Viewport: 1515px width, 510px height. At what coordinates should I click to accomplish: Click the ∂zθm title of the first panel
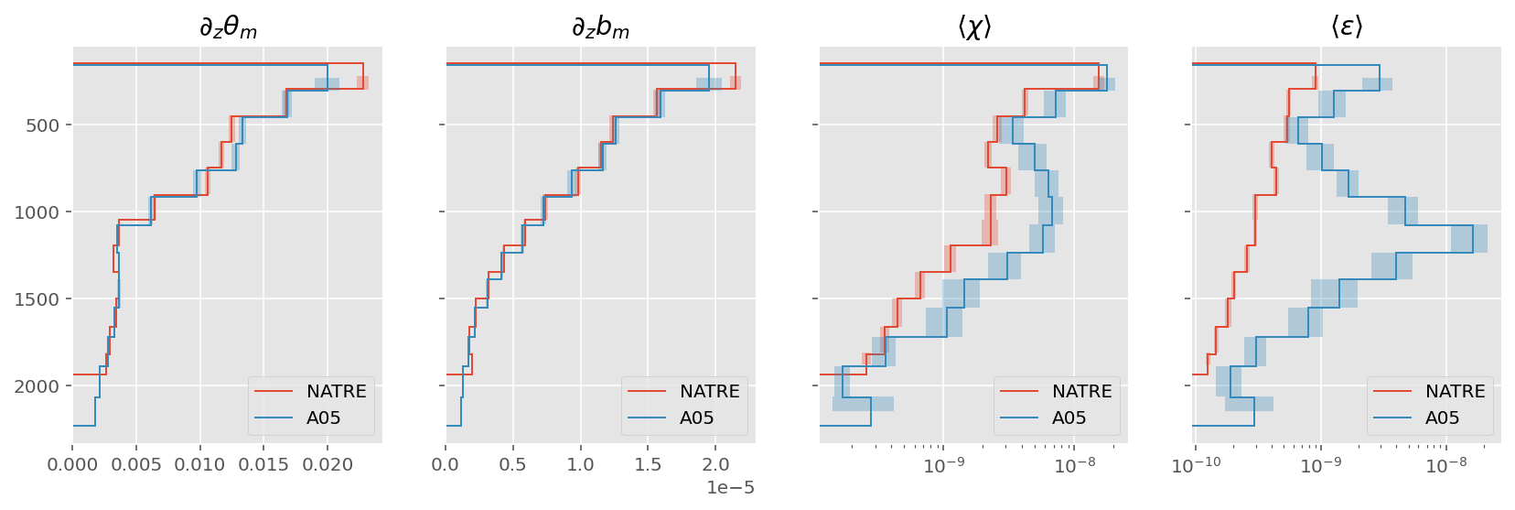click(x=228, y=28)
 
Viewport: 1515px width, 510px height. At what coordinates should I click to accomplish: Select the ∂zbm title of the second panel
click(x=600, y=28)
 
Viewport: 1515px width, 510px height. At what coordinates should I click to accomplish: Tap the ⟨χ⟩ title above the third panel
click(x=974, y=28)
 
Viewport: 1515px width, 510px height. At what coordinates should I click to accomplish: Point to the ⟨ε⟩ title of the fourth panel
click(x=1347, y=28)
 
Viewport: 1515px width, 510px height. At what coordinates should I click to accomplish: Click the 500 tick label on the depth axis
click(x=42, y=125)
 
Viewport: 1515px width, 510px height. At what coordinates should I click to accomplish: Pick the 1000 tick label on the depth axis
click(x=37, y=212)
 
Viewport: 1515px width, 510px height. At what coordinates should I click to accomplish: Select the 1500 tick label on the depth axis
click(x=37, y=299)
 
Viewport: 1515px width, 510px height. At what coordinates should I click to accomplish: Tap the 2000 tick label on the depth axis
click(x=37, y=386)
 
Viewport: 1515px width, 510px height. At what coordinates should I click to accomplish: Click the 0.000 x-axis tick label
click(x=72, y=465)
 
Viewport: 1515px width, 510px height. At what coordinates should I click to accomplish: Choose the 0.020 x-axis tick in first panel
click(x=328, y=465)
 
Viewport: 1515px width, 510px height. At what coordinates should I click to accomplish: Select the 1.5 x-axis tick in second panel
click(x=648, y=465)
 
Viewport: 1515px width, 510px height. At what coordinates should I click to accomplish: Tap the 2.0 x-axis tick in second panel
click(x=715, y=465)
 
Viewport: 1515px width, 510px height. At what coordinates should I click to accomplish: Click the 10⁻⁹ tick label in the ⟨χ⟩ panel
click(x=944, y=466)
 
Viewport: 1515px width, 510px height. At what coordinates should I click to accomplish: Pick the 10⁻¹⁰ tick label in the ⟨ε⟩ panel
click(x=1196, y=466)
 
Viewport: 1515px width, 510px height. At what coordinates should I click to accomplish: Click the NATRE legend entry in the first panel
click(x=336, y=392)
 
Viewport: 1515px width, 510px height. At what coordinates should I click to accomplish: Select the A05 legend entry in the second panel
click(x=696, y=418)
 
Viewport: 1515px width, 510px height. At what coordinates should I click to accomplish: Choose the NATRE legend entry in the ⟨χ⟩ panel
click(x=1081, y=392)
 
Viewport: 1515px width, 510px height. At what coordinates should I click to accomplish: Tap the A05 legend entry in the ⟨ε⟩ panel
click(x=1442, y=418)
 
